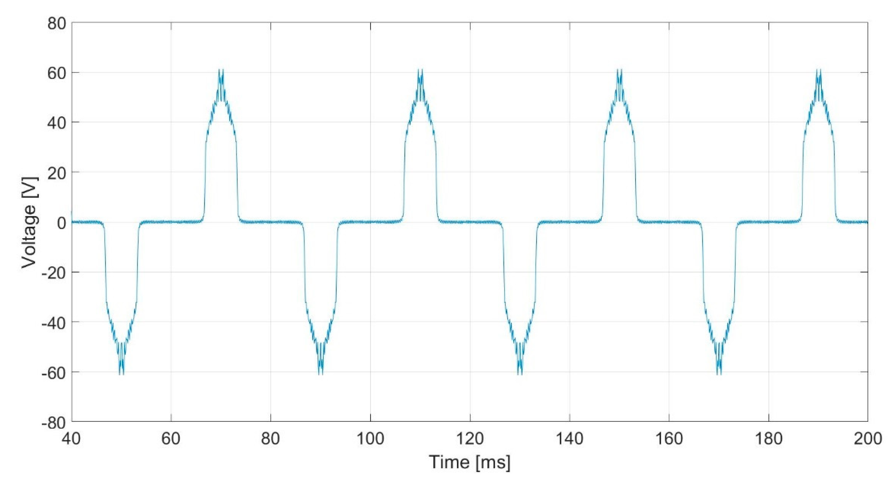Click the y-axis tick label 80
57,24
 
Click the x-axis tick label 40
71,439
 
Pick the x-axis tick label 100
370,439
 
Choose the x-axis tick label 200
868,439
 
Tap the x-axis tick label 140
570,439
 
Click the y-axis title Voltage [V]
29,222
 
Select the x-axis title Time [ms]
469,462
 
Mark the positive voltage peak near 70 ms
221,71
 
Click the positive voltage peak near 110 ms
420,71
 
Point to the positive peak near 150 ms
620,71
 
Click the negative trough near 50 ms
121,374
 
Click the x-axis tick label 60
171,439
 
